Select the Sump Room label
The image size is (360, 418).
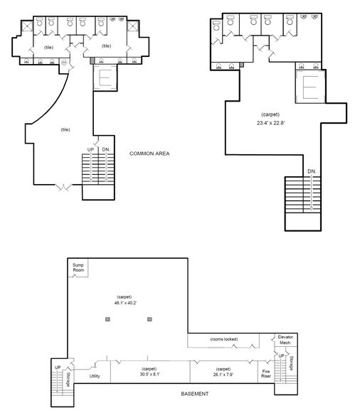tap(78, 269)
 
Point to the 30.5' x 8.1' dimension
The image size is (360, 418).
tap(149, 373)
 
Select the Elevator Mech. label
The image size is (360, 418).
tap(286, 338)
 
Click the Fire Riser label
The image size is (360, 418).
tap(266, 373)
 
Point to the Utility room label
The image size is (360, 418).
tap(94, 376)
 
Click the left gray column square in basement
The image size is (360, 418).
tap(107, 320)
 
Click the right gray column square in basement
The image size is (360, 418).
tap(149, 320)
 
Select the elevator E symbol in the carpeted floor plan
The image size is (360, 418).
tap(311, 88)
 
